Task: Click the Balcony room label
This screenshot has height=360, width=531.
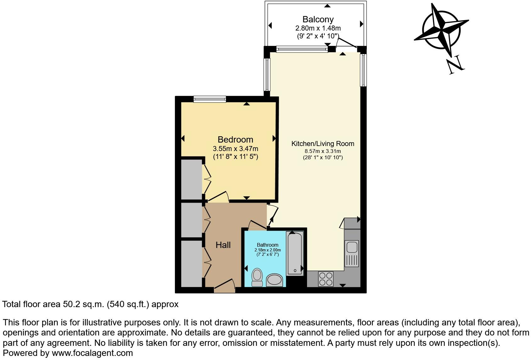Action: pyautogui.click(x=318, y=20)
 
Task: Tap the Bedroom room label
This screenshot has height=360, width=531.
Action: pyautogui.click(x=235, y=139)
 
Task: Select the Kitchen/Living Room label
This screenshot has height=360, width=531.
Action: pyautogui.click(x=323, y=144)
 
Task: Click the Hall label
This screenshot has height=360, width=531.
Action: pyautogui.click(x=223, y=245)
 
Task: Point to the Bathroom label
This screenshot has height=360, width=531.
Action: pyautogui.click(x=267, y=245)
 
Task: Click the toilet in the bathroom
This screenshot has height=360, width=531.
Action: pyautogui.click(x=257, y=277)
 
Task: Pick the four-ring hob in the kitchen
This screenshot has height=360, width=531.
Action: pyautogui.click(x=326, y=278)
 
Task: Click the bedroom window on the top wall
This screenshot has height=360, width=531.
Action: pyautogui.click(x=210, y=99)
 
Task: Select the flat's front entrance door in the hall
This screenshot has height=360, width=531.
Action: pyautogui.click(x=224, y=288)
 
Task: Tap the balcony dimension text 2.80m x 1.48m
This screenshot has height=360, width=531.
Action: pyautogui.click(x=318, y=28)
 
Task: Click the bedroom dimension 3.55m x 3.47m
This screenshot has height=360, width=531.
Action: pyautogui.click(x=235, y=149)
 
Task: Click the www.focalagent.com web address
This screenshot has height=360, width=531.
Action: pyautogui.click(x=92, y=353)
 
